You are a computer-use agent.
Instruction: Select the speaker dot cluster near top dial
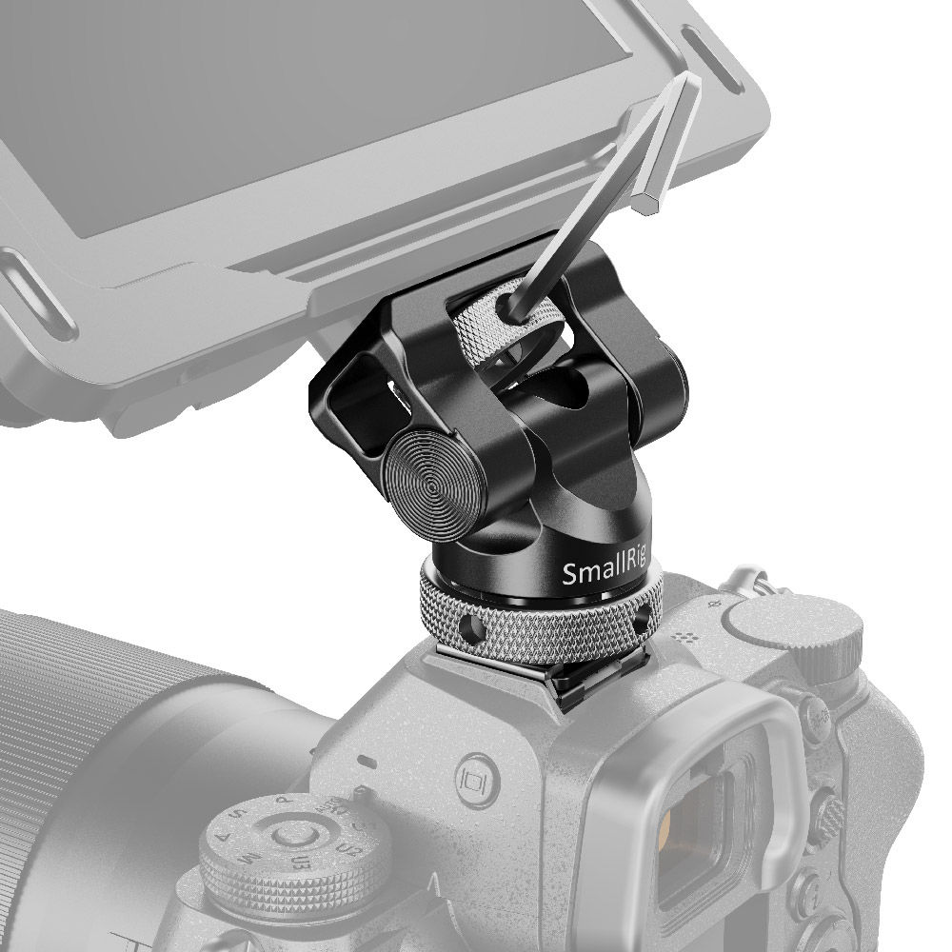pyautogui.click(x=684, y=636)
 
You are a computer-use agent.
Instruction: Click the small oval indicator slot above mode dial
pyautogui.click(x=366, y=761)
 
